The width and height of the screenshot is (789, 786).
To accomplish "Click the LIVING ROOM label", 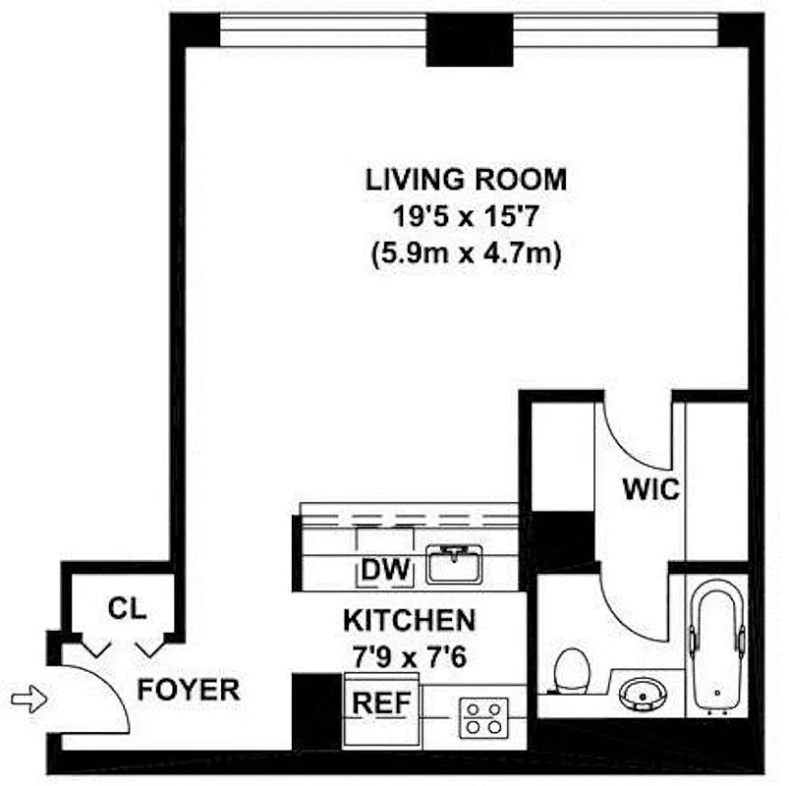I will coord(466,180).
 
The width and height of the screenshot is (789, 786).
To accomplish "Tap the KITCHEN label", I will coord(409,621).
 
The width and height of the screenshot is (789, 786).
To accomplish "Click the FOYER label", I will coord(188,690).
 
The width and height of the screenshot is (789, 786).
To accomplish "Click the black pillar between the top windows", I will coord(470,43).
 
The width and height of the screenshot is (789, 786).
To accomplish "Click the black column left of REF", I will coord(315,712).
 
